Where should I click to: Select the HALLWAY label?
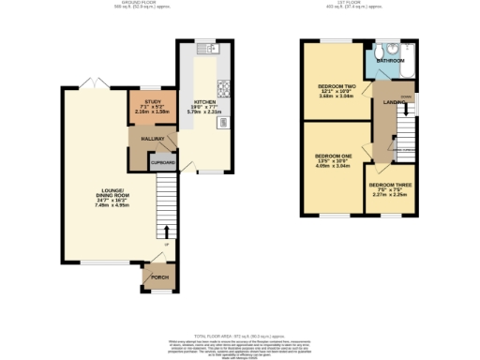(153, 139)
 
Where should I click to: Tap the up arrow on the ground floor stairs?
(168, 230)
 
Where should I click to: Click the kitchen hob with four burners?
(225, 91)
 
